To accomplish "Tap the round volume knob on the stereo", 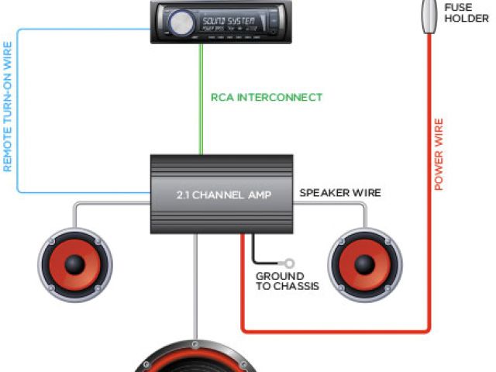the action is tap(178, 22).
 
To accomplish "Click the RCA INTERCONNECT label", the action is tap(267, 98).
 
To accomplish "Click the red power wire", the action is tap(428, 232).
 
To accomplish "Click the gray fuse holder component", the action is tap(427, 15).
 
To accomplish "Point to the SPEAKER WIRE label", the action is tap(340, 192).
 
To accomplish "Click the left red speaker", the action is tap(74, 264).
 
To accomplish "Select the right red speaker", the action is tap(365, 263).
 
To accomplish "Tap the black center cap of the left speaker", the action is tap(74, 264).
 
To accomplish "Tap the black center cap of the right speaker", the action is tap(365, 263).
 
